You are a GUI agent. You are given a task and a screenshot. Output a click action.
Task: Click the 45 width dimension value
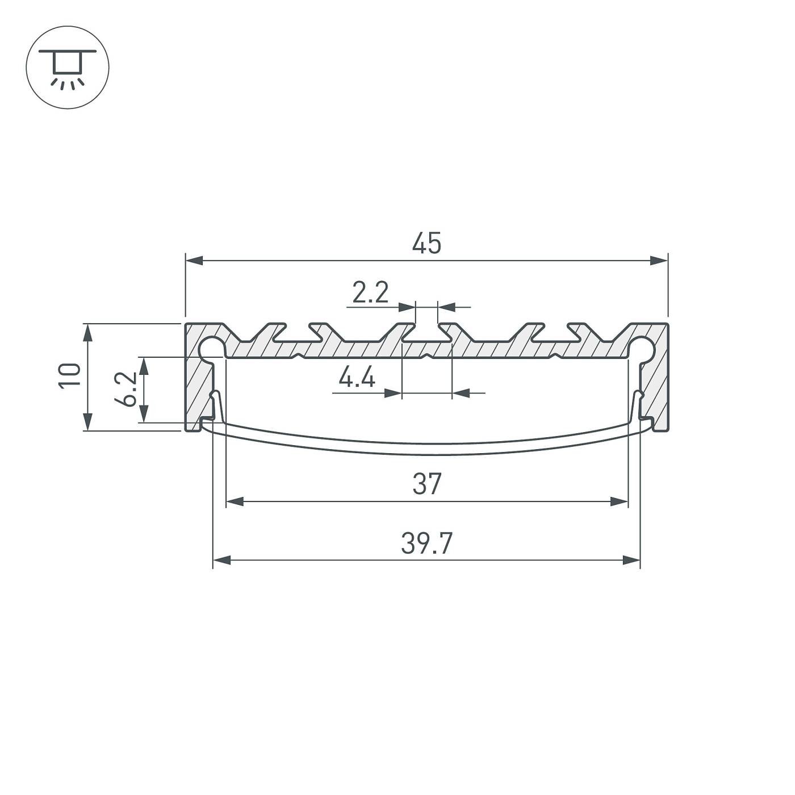coord(426,244)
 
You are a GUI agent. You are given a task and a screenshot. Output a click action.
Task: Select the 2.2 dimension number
coord(370,294)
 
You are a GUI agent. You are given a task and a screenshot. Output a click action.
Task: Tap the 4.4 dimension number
coord(357,378)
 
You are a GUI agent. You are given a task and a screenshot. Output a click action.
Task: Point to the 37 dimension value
coord(426,484)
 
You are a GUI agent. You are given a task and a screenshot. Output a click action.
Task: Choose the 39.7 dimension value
coord(426,544)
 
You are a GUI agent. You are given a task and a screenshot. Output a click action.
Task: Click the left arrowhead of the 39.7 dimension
coord(221,560)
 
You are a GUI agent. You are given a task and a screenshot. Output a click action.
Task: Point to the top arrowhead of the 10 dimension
coord(87,333)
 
